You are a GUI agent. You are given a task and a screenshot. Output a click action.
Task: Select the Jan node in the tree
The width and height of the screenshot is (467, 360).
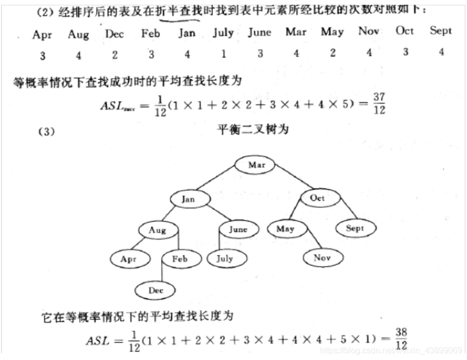(189, 199)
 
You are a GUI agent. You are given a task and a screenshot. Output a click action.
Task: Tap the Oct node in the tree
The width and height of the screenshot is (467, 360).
(317, 198)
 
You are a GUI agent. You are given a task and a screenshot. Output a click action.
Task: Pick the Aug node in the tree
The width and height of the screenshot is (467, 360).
(157, 230)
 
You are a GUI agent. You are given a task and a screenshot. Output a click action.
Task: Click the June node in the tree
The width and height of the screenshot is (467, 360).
(238, 229)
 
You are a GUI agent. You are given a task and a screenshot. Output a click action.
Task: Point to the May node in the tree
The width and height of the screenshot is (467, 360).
(286, 229)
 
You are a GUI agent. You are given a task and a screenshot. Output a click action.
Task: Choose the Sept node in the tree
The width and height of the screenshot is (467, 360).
(355, 228)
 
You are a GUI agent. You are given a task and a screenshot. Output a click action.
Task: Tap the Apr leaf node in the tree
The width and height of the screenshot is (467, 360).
(129, 259)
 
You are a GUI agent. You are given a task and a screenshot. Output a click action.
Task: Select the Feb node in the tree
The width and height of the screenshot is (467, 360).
(179, 259)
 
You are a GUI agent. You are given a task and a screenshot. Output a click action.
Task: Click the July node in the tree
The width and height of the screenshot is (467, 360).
(224, 258)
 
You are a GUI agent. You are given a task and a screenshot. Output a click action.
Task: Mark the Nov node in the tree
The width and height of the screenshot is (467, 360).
(323, 257)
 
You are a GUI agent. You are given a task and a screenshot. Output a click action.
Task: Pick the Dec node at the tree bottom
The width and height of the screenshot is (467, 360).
(156, 291)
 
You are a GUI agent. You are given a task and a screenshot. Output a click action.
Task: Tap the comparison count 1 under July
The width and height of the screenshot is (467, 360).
(224, 53)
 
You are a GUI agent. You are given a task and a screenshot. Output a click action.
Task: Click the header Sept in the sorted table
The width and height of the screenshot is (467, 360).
(440, 31)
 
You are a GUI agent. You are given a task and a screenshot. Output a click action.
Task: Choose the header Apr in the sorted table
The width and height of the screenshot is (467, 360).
(42, 35)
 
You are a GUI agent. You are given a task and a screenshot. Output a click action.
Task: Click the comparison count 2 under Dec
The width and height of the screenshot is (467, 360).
(115, 53)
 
